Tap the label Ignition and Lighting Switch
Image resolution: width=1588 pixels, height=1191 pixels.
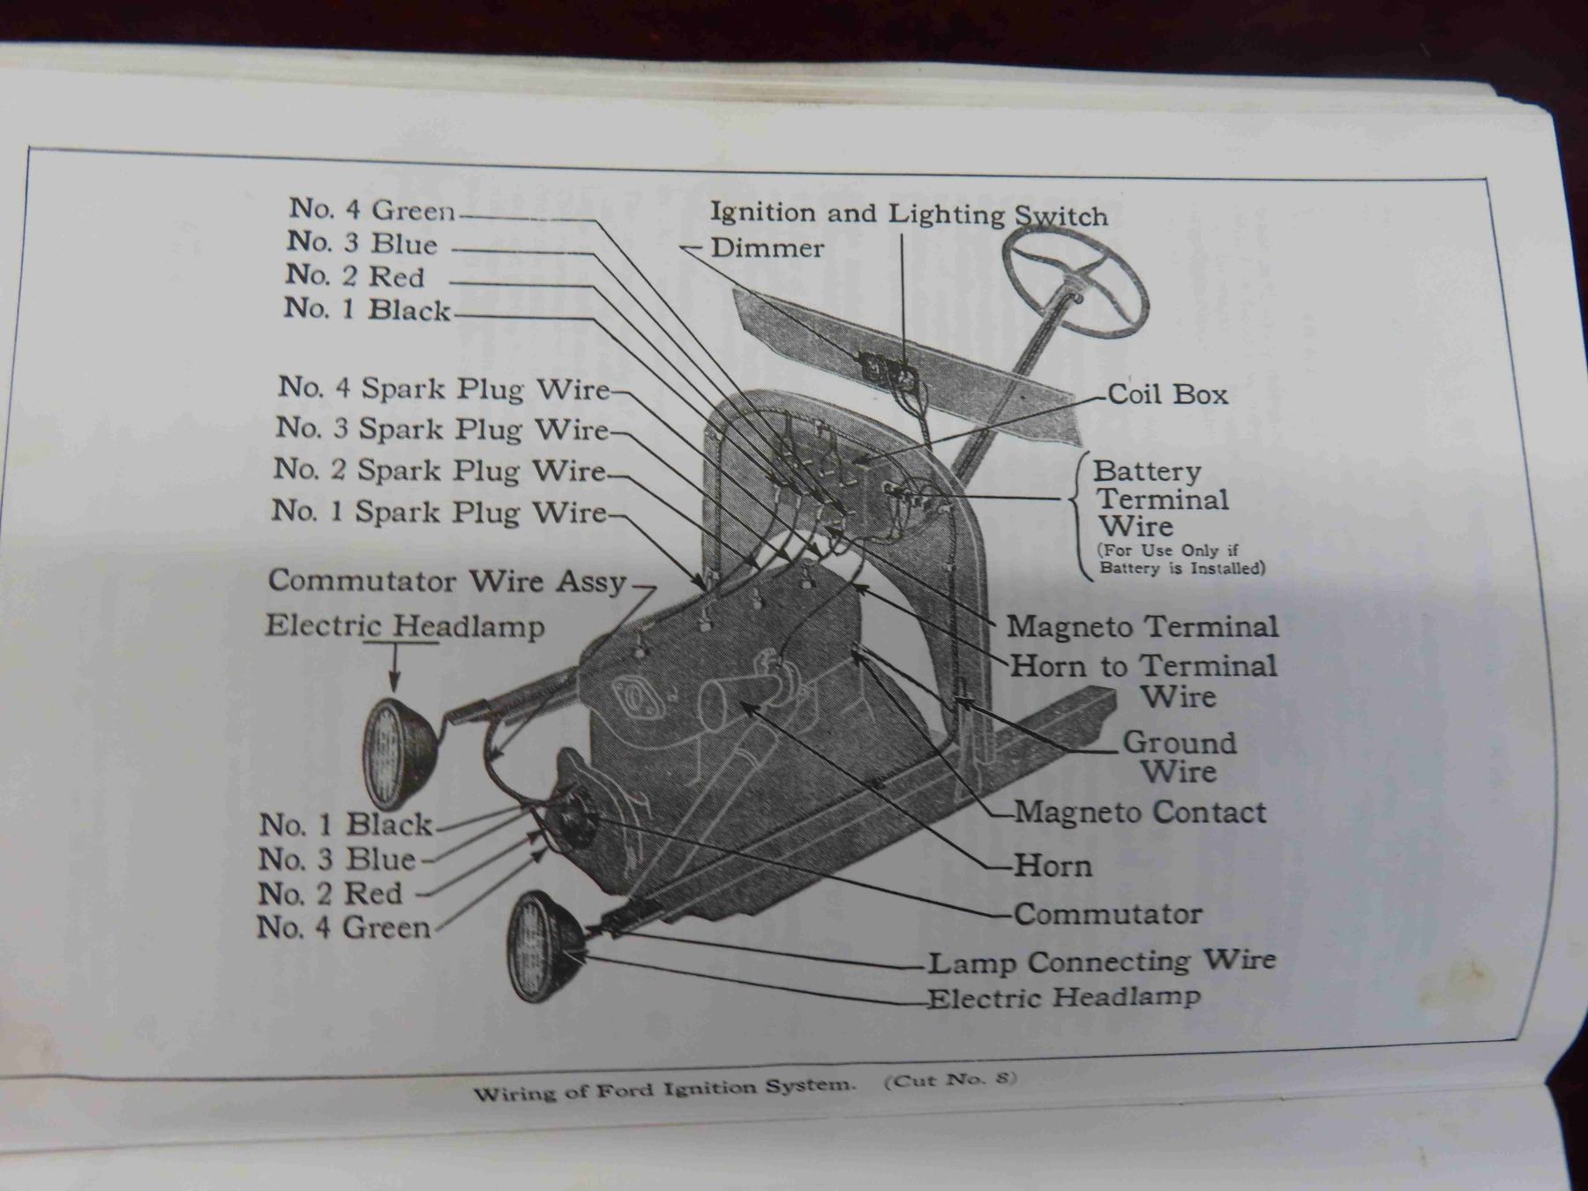point(909,214)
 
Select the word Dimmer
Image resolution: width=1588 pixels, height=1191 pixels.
point(767,248)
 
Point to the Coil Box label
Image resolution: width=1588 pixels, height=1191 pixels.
point(1167,393)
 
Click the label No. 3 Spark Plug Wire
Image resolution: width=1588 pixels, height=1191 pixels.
point(442,429)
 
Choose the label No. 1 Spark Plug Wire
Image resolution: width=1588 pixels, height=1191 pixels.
point(439,512)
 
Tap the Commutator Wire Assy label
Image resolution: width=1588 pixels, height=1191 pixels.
point(447,581)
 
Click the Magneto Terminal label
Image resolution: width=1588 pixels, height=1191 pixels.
point(1142,626)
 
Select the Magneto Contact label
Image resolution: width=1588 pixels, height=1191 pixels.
point(1140,812)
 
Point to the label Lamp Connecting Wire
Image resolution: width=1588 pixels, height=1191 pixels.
point(1102,961)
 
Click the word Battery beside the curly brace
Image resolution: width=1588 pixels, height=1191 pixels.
point(1147,471)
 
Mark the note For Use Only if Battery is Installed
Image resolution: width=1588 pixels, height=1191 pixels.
point(1181,559)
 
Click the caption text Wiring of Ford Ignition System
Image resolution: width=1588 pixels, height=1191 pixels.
point(664,1089)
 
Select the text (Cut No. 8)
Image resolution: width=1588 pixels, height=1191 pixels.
point(951,1080)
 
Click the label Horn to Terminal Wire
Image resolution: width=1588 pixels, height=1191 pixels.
point(1144,680)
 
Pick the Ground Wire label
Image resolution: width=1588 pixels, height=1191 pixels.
point(1180,757)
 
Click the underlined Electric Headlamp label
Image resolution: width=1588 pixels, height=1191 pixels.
point(405,626)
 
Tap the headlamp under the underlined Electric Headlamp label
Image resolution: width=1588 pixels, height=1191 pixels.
point(398,753)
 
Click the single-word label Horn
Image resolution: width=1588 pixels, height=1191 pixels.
point(1053,865)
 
